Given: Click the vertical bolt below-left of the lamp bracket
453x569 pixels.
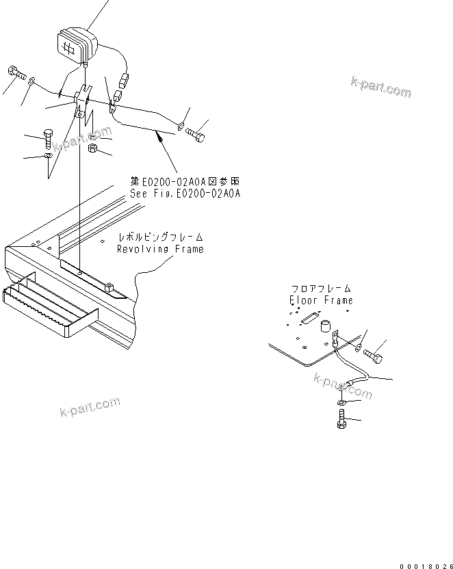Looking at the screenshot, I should coord(47,139).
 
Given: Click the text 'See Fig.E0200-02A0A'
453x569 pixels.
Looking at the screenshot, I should coord(185,194).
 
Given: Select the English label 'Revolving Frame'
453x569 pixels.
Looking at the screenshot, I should coord(160,249).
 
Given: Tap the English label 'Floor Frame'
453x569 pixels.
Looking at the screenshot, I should coord(321,300).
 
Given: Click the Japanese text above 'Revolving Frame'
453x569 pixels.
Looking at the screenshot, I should coord(161,237).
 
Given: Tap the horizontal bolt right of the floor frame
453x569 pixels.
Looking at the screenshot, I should coord(374,354).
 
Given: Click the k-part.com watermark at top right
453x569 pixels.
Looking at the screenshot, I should coord(380,88).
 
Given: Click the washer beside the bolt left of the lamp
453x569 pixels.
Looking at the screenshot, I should coord(31,82).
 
